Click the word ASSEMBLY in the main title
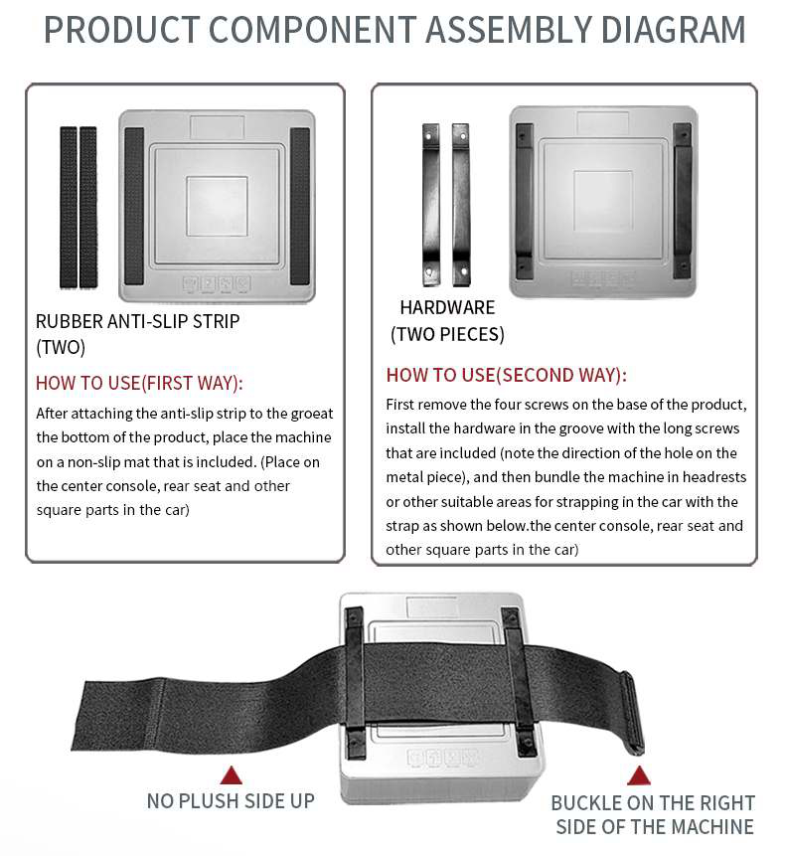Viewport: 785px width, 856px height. pyautogui.click(x=509, y=30)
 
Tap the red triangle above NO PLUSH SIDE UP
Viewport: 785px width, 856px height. pyautogui.click(x=232, y=775)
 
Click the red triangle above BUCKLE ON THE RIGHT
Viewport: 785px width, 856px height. pyautogui.click(x=639, y=775)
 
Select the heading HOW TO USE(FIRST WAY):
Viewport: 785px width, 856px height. pyautogui.click(x=139, y=383)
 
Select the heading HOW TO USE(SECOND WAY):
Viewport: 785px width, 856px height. pyautogui.click(x=507, y=375)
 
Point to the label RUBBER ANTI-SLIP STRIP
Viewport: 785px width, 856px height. pyautogui.click(x=137, y=321)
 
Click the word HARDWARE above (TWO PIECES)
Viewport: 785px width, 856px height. pyautogui.click(x=447, y=307)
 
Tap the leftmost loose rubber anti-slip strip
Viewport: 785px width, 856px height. pyautogui.click(x=69, y=208)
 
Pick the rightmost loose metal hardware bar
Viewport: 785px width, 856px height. pyautogui.click(x=461, y=205)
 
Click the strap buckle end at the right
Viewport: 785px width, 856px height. pyautogui.click(x=632, y=713)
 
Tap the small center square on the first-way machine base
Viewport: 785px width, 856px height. pyautogui.click(x=217, y=206)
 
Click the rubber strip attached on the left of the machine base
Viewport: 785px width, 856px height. pyautogui.click(x=134, y=206)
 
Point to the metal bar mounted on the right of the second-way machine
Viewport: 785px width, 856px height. pyautogui.click(x=683, y=201)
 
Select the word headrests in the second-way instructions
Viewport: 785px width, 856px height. pyautogui.click(x=714, y=477)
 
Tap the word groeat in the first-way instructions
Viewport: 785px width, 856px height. pyautogui.click(x=312, y=414)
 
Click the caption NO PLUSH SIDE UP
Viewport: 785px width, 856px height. pyautogui.click(x=231, y=801)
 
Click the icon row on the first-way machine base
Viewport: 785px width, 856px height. pyautogui.click(x=217, y=283)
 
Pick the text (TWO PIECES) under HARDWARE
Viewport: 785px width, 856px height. pyautogui.click(x=447, y=334)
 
